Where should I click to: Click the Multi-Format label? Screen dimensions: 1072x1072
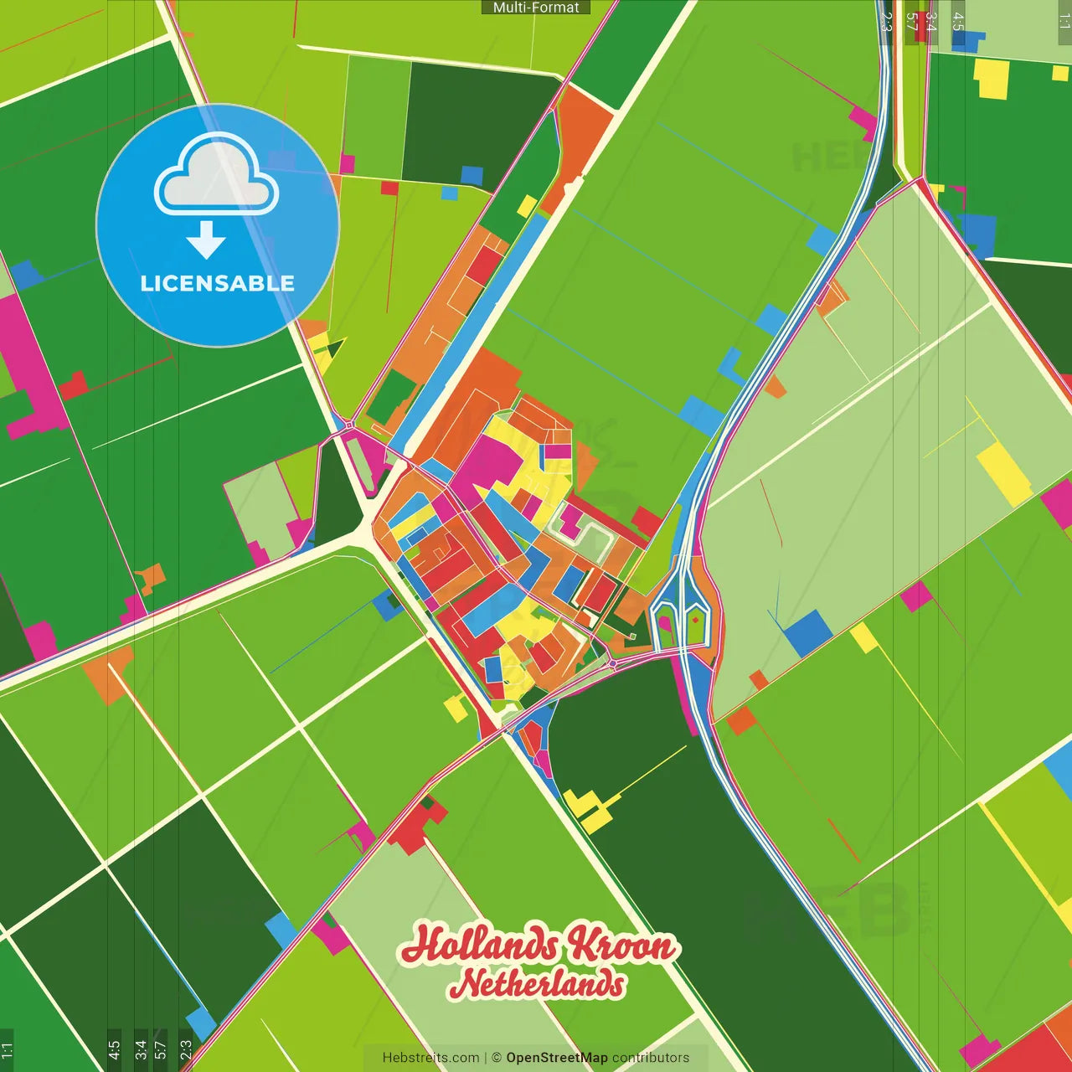536,8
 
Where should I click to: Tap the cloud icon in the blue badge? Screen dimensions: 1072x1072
217,176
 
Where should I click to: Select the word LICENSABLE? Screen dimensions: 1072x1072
217,283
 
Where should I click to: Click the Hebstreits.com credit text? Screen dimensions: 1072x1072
430,1058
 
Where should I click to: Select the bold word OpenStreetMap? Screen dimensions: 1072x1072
557,1058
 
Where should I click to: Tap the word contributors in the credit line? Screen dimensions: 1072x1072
651,1058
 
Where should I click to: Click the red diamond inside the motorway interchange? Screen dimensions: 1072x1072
695,620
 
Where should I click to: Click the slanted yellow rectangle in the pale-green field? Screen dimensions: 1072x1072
1004,473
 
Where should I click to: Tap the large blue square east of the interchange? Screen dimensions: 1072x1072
809,633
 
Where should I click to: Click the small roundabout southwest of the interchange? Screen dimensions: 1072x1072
613,664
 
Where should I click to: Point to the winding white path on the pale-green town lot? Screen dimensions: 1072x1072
591,536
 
